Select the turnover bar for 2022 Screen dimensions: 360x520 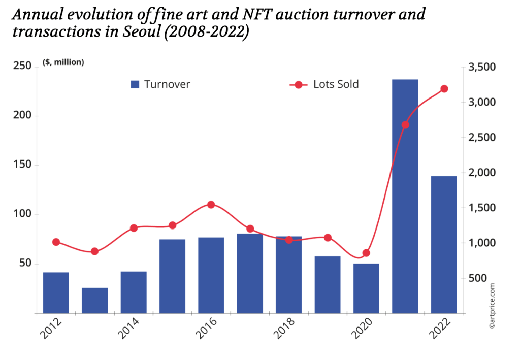pos(444,244)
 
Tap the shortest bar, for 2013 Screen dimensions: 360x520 pos(95,300)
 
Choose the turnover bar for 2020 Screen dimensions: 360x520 pos(366,288)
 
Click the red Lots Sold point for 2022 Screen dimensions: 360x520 pos(444,89)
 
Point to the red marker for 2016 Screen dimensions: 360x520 pos(211,205)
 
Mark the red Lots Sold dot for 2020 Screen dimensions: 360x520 pos(366,253)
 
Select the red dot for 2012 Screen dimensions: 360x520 pos(56,242)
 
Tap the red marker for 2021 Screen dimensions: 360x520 pos(405,125)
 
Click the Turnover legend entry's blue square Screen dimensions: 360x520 pos(135,84)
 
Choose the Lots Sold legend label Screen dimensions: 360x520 pos(336,84)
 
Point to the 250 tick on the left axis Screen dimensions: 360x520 pos(23,67)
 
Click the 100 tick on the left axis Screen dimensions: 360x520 pos(23,215)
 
